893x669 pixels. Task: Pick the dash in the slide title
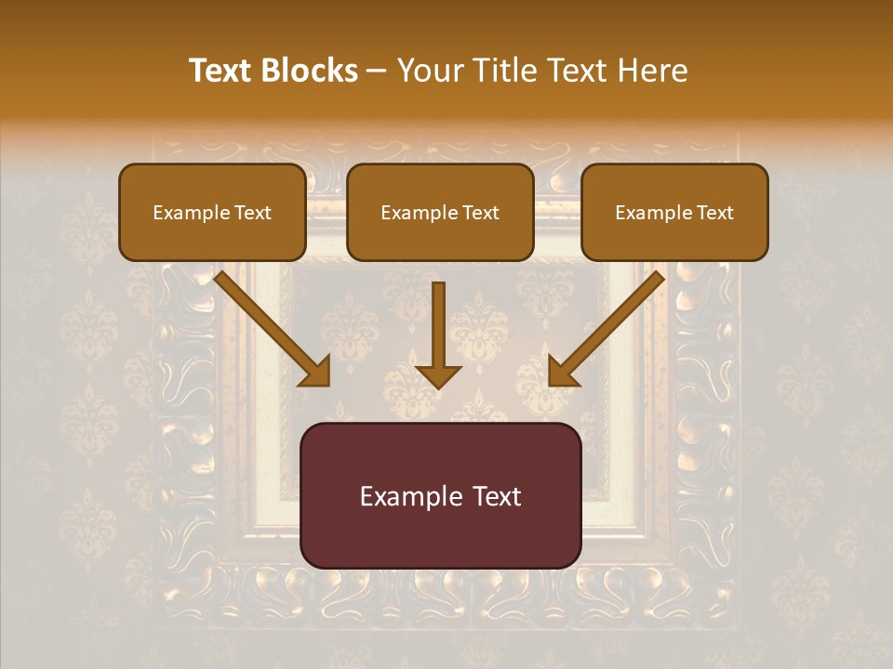click(378, 72)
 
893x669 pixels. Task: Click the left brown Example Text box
click(212, 212)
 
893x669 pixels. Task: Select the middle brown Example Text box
click(440, 212)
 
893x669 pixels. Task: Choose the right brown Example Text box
click(674, 212)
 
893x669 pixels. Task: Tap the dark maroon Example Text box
click(441, 495)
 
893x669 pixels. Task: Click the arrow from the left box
click(270, 325)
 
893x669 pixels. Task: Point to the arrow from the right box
click(609, 325)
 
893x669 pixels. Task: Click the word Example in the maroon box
click(409, 496)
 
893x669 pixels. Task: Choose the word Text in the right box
click(714, 213)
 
